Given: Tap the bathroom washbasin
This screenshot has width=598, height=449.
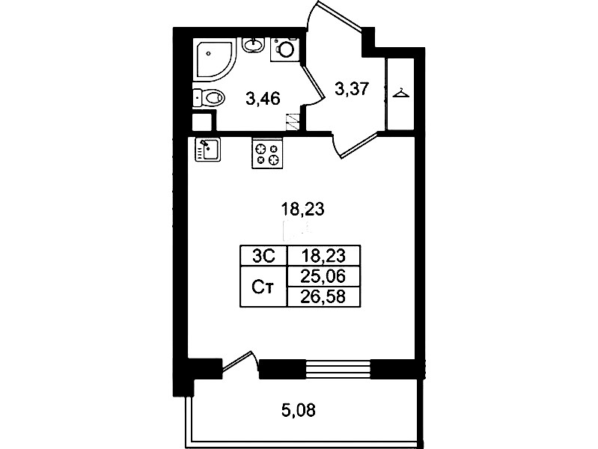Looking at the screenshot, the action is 253,45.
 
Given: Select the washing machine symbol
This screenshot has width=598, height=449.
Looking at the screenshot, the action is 285,49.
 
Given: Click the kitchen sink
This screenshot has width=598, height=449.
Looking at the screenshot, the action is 208,150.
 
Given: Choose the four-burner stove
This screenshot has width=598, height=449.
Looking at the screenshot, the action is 267,153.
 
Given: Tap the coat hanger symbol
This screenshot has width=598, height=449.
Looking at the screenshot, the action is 401,93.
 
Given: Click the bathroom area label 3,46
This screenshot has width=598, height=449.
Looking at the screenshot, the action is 263,99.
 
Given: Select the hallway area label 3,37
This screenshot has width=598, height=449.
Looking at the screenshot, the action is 352,89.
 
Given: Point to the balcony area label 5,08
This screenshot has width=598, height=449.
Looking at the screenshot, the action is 299,411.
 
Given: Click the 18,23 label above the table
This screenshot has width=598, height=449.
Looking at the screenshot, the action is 302,209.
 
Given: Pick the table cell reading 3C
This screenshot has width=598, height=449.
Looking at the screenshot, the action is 263,255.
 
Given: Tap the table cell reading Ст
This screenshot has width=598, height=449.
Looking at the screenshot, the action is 263,286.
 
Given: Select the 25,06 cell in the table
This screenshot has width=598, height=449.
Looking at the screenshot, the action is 323,276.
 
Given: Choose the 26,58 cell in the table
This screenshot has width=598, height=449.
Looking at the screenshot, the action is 323,297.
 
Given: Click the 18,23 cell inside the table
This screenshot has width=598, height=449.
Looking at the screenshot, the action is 323,255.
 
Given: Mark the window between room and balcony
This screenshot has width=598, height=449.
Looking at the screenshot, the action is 338,369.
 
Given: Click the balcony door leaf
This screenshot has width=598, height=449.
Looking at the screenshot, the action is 237,361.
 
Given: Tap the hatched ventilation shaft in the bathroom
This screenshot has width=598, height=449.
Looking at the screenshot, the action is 293,122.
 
